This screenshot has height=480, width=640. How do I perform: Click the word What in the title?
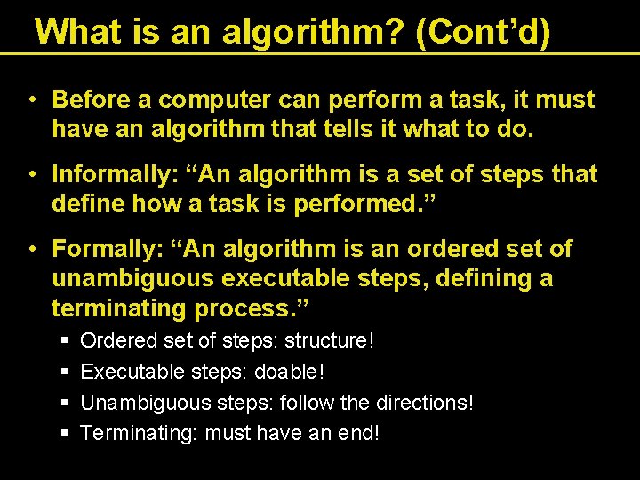pyautogui.click(x=76, y=32)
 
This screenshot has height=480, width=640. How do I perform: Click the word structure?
pyautogui.click(x=329, y=340)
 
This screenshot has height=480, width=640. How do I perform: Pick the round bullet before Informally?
pyautogui.click(x=32, y=174)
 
